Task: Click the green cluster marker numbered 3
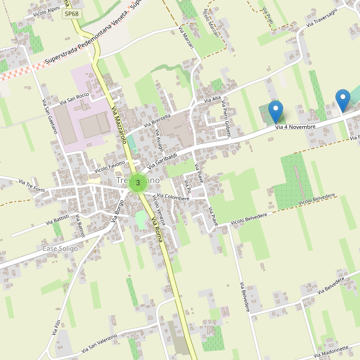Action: (x=138, y=182)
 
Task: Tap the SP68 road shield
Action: (x=71, y=13)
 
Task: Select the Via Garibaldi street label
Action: (x=163, y=158)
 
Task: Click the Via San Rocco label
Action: (x=74, y=97)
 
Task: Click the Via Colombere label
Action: (x=173, y=197)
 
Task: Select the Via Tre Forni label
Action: (x=32, y=182)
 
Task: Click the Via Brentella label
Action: (x=158, y=121)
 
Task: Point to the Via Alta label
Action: (x=213, y=100)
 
